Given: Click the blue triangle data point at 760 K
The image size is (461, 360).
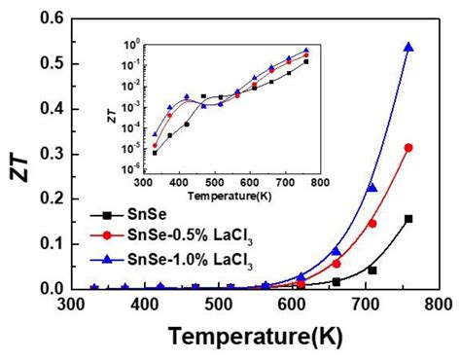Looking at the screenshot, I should [x=408, y=47].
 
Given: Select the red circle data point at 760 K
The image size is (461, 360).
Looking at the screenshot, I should [x=408, y=148].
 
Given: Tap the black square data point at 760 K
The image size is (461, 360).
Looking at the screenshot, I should [x=408, y=219].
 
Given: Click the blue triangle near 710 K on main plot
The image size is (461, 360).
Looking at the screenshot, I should [x=372, y=187].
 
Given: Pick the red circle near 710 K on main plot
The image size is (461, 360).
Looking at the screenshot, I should [x=372, y=224].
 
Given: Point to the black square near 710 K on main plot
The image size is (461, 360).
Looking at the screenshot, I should [x=372, y=270].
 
